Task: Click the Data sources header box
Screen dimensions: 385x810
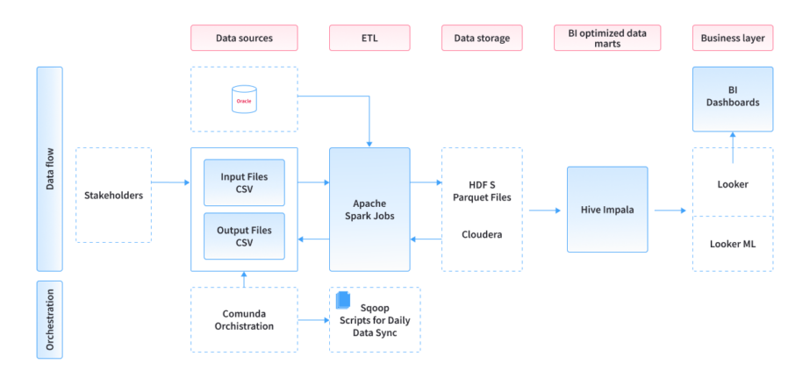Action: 244,38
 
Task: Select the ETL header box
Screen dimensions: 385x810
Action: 369,38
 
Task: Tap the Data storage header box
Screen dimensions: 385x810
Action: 482,38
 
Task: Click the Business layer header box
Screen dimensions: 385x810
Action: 733,38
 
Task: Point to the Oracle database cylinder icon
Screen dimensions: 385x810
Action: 244,99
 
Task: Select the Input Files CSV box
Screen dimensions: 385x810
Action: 244,182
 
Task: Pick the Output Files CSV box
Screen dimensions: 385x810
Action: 244,236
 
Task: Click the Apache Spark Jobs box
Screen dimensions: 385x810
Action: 369,209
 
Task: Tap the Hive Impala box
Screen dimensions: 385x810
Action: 607,210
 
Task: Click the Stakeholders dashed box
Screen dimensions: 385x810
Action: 113,195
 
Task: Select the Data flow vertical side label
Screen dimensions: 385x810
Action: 50,169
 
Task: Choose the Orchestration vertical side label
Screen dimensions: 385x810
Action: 50,319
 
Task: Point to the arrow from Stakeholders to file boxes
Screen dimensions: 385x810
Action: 170,182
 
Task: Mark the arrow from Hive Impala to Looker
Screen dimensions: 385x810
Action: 670,210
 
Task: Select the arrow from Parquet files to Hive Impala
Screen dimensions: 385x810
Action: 544,210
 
